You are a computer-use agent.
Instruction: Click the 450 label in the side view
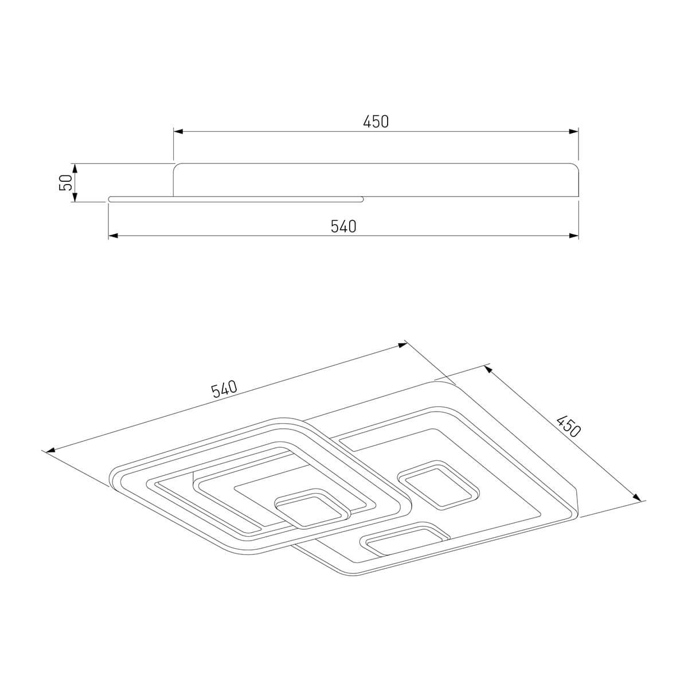point(376,122)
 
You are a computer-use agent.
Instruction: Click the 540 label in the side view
point(343,226)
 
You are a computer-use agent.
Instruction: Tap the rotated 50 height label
point(65,182)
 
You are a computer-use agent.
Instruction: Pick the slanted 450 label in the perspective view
point(568,427)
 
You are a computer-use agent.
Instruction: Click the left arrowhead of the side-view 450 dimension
point(178,131)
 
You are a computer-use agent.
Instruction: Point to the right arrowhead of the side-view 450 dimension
point(574,131)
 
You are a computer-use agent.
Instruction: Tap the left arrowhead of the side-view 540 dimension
point(113,236)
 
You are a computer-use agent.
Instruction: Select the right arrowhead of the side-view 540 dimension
point(574,236)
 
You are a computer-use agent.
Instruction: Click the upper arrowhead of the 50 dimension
point(75,169)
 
